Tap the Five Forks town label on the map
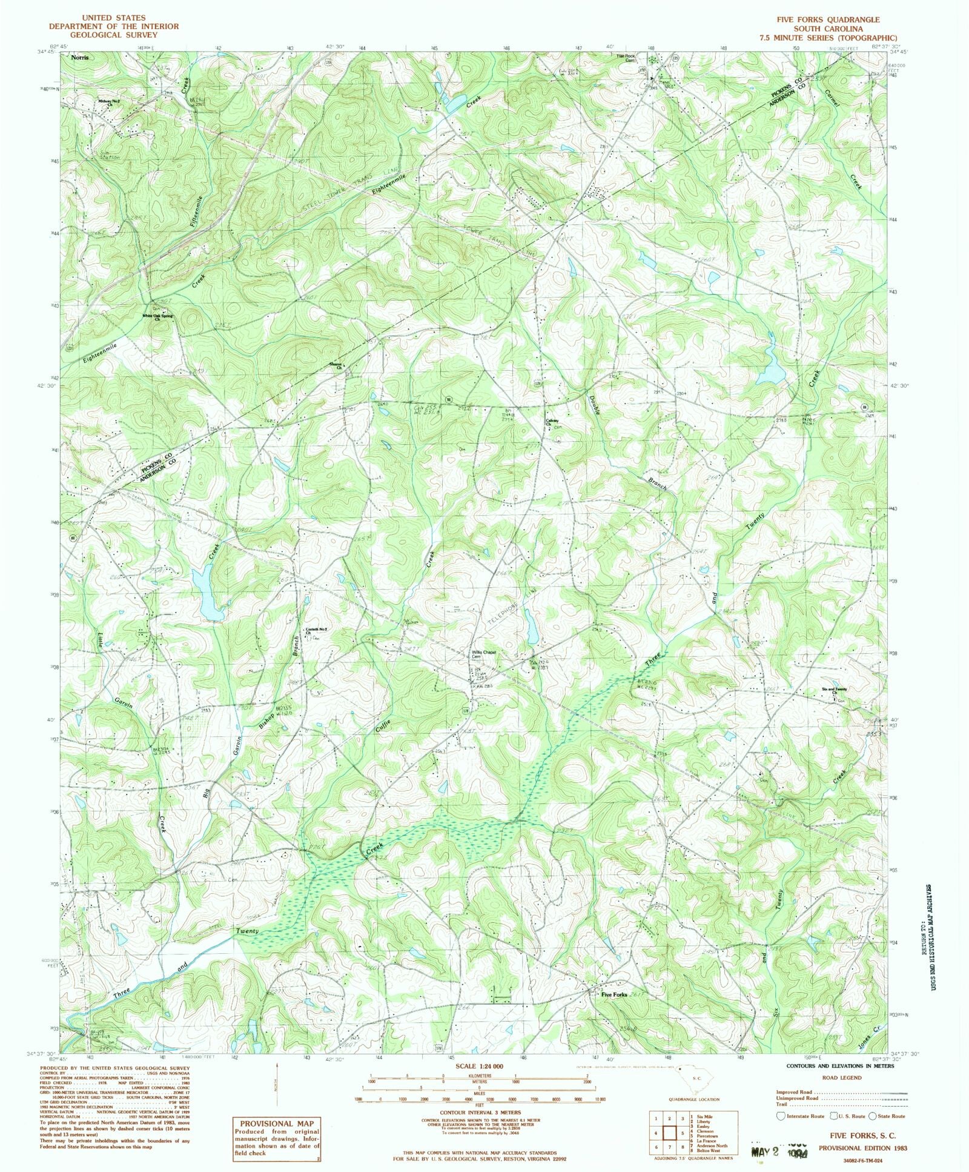pos(614,994)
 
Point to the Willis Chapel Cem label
pos(484,654)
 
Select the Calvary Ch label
pos(552,422)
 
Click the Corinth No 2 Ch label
pos(316,630)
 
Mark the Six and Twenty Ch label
pos(834,690)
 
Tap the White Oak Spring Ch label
pos(157,317)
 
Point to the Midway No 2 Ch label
pos(110,102)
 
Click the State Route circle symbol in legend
pos(873,1116)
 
